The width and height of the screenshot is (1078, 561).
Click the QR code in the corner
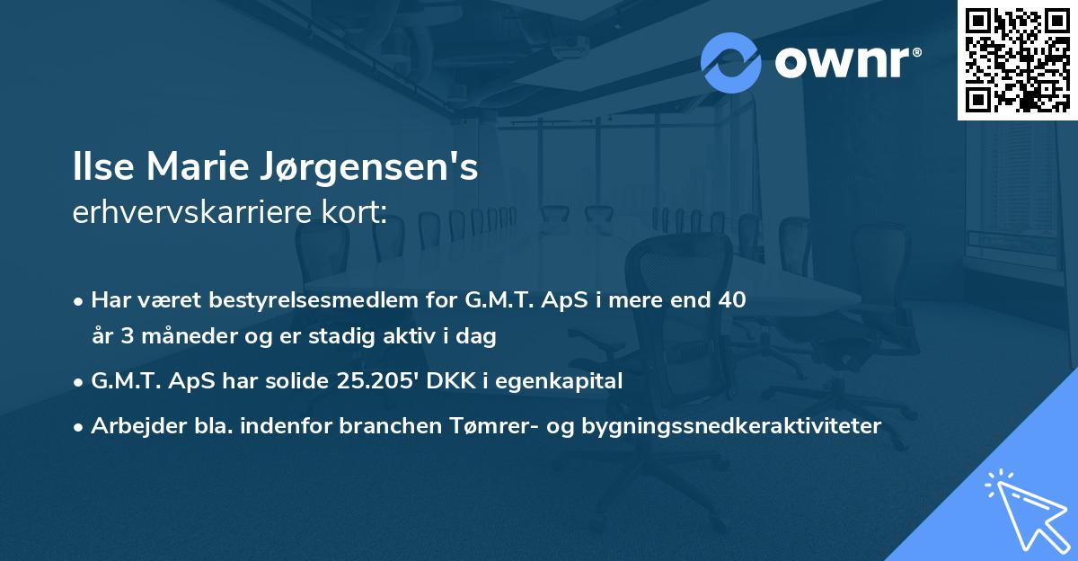[1017, 59]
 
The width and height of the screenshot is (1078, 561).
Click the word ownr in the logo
[844, 63]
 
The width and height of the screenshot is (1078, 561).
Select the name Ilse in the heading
[100, 169]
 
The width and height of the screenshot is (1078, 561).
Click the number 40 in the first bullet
[727, 299]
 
